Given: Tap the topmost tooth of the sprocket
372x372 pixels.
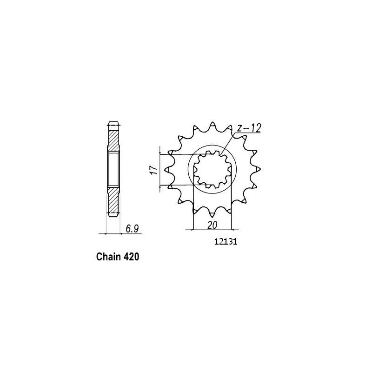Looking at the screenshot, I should (213, 125).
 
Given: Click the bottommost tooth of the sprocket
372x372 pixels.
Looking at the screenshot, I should (213, 215).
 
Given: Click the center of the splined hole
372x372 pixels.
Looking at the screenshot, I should (213, 170).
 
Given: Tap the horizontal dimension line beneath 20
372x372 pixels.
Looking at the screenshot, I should (212, 229).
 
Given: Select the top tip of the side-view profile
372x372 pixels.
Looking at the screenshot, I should (114, 123).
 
